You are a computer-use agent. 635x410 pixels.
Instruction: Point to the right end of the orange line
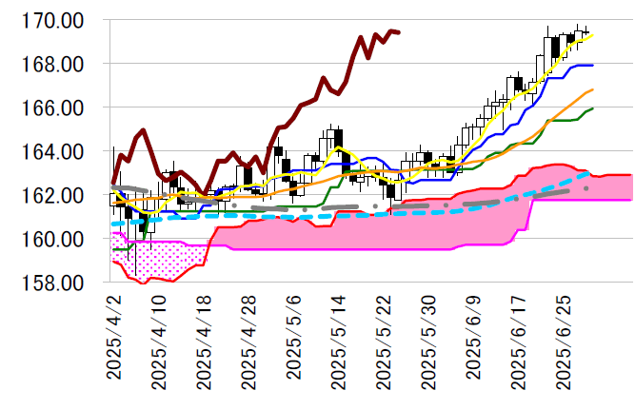point(593,89)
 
